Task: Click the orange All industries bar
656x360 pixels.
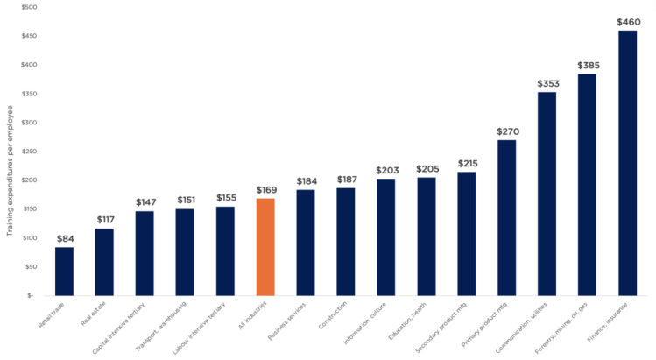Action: pos(265,247)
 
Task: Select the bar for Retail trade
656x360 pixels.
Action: pos(64,272)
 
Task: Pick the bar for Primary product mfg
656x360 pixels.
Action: pos(506,218)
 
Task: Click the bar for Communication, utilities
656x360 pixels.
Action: pos(547,194)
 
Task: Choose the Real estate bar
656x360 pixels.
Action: pos(104,262)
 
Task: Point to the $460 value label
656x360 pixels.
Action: pos(628,22)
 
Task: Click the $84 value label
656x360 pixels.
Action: pos(65,238)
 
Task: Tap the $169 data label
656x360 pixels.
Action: pos(266,189)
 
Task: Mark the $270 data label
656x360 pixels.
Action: pos(507,131)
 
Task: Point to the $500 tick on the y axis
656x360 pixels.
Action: pos(29,7)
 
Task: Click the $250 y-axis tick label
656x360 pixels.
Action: pos(29,152)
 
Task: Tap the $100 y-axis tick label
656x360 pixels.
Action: pos(29,238)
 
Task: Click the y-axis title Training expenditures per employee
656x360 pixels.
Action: pos(11,171)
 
